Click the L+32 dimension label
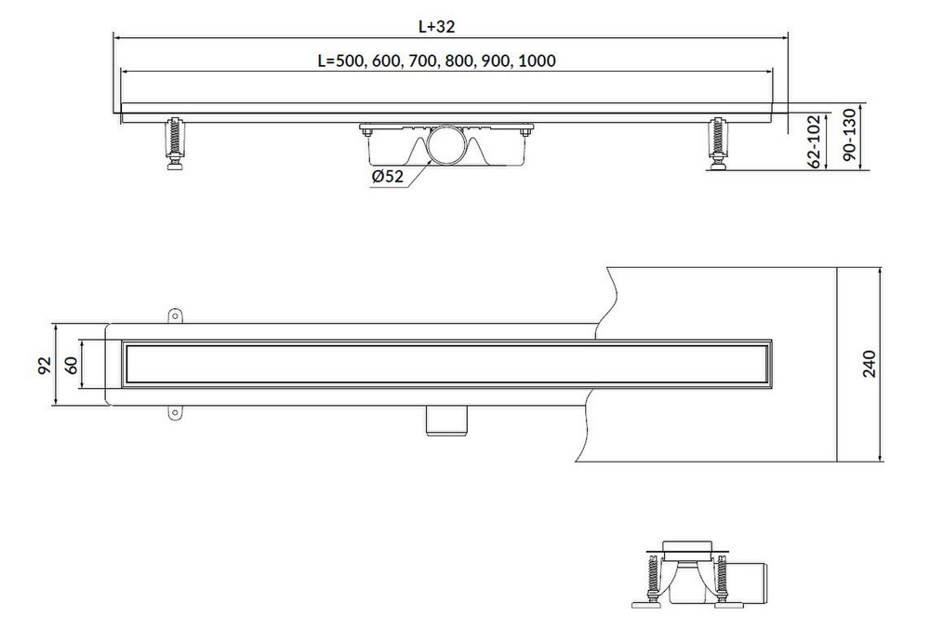coord(436,27)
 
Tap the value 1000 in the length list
coord(537,61)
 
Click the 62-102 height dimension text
coord(815,141)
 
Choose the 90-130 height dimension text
coord(850,135)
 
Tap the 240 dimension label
coord(869,364)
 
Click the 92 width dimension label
coord(45,365)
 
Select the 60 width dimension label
coord(71,365)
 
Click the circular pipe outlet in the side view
coord(449,145)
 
